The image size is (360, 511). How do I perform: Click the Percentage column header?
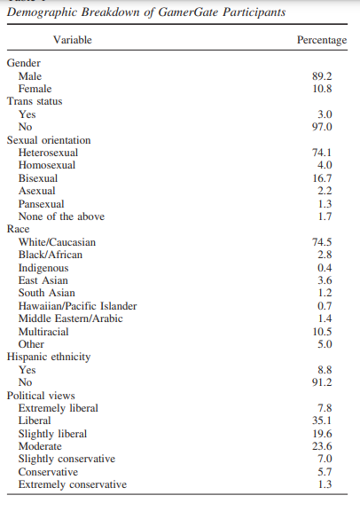click(x=322, y=40)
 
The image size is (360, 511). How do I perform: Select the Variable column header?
click(x=73, y=40)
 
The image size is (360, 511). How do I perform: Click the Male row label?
click(x=30, y=76)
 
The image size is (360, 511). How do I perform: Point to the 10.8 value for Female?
click(x=322, y=89)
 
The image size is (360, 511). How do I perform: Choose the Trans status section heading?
click(x=35, y=101)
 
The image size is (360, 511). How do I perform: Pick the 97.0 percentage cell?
click(x=322, y=127)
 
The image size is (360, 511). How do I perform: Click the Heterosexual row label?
click(x=48, y=153)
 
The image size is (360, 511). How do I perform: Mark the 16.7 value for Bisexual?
click(x=322, y=178)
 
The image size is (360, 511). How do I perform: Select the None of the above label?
click(x=61, y=216)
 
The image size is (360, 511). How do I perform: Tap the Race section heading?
click(x=19, y=229)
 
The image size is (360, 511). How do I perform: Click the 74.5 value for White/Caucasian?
click(x=322, y=242)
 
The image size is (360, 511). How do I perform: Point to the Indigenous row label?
click(x=43, y=268)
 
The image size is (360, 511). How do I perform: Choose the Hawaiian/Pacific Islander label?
click(x=77, y=306)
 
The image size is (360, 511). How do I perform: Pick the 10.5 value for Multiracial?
click(x=322, y=332)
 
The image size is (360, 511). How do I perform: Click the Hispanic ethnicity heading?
click(x=49, y=357)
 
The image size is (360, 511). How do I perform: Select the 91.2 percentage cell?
click(x=322, y=382)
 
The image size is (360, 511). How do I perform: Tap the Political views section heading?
click(x=41, y=396)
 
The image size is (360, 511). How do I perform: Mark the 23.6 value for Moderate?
click(x=322, y=446)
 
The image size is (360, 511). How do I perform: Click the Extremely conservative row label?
click(x=73, y=484)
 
